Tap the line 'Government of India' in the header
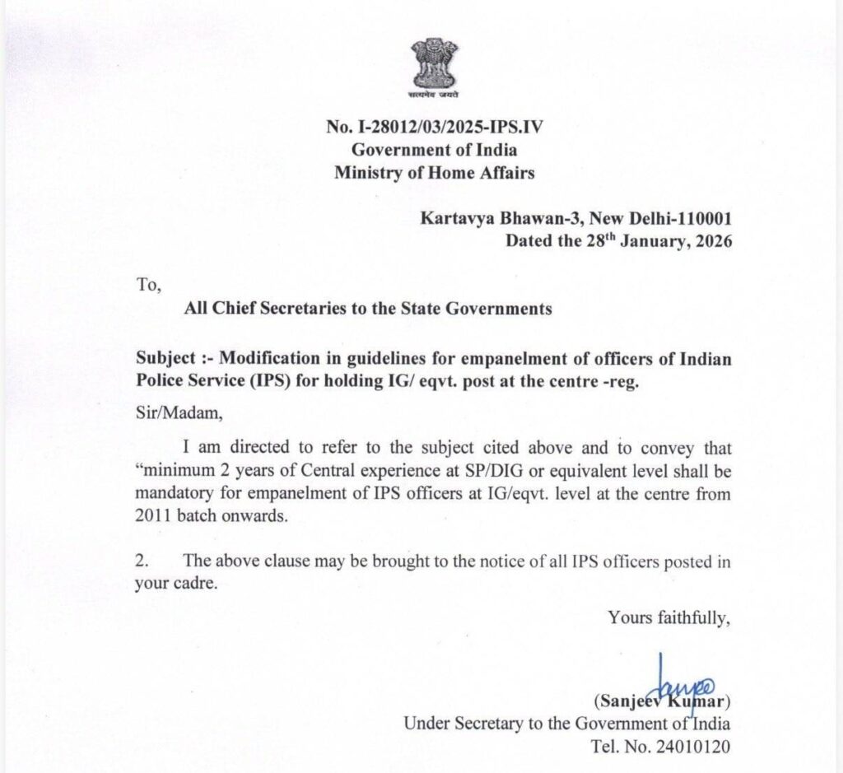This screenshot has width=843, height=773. click(435, 151)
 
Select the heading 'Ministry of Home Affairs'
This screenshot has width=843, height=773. click(434, 173)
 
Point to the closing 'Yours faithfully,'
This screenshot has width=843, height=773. click(669, 616)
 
